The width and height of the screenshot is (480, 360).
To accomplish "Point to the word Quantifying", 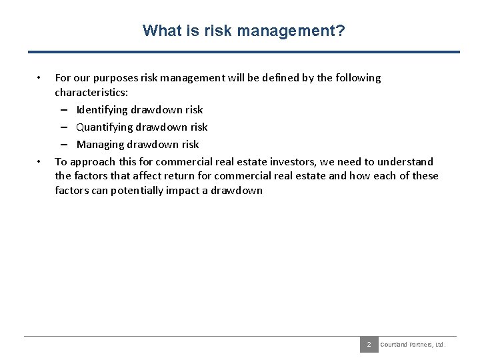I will point(105,127).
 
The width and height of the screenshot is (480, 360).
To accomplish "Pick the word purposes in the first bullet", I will point(121,78).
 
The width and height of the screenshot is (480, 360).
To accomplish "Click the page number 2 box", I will point(368,345).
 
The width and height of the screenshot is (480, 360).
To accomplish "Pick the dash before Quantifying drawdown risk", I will point(69,127).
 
